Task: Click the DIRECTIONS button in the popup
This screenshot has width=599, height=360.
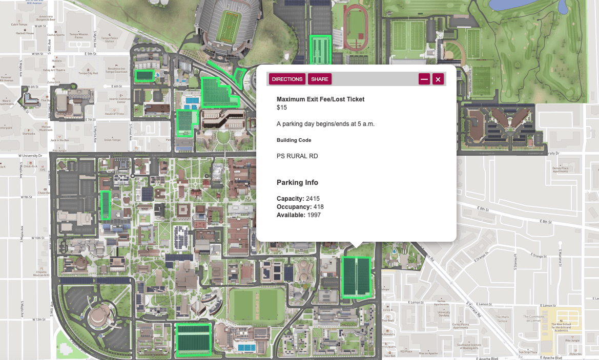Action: tap(287, 79)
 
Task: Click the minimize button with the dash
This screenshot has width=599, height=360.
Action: tap(424, 79)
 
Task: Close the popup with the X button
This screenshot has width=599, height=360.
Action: tap(438, 79)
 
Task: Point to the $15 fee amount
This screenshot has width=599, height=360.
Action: tap(282, 108)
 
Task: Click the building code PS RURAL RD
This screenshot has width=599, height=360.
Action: tap(297, 156)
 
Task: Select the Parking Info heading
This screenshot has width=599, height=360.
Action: tap(297, 182)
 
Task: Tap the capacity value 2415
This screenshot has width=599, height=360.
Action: tap(316, 199)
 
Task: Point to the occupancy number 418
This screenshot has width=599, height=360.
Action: tap(318, 207)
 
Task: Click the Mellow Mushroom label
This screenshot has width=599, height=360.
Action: tap(60, 129)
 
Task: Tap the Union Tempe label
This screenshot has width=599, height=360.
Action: tap(111, 139)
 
